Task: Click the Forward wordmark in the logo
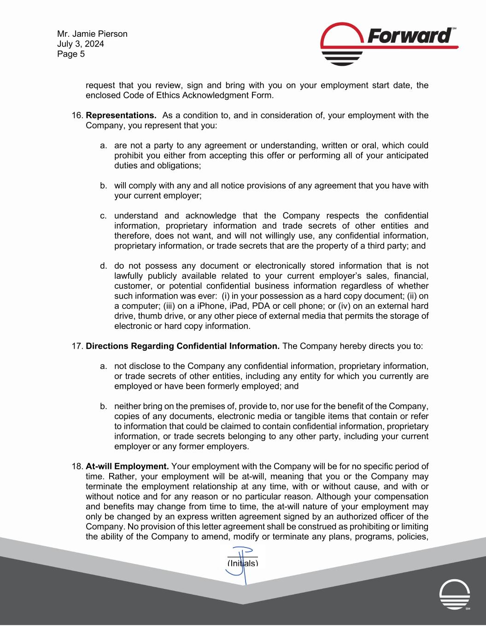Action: pyautogui.click(x=408, y=35)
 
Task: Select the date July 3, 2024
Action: pyautogui.click(x=81, y=44)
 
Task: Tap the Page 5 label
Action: pyautogui.click(x=71, y=54)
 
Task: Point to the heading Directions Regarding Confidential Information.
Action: pyautogui.click(x=182, y=346)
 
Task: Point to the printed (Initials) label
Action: pyautogui.click(x=243, y=564)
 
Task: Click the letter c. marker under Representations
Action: pyautogui.click(x=104, y=216)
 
